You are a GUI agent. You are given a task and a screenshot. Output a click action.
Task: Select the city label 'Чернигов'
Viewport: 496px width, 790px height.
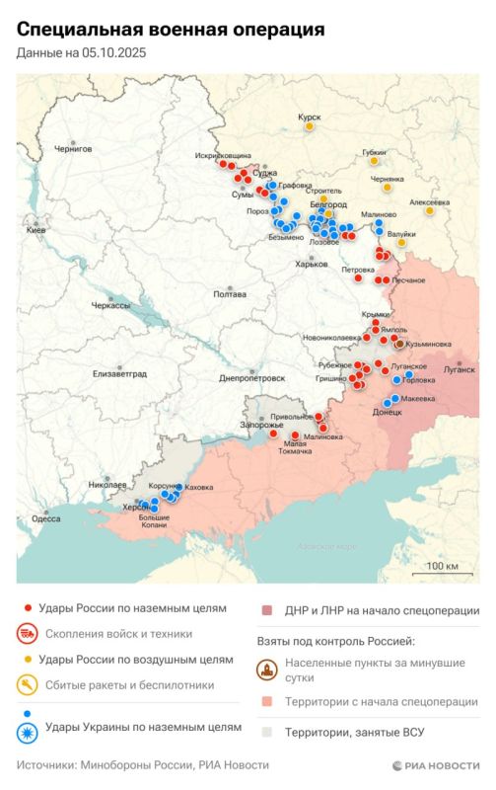pos(72,148)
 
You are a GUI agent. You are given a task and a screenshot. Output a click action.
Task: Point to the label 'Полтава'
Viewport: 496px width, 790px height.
pos(229,294)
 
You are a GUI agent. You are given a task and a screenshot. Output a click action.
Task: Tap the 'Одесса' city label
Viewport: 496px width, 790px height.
pos(45,517)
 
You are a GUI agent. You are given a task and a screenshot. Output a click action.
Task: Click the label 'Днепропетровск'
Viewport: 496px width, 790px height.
pos(251,377)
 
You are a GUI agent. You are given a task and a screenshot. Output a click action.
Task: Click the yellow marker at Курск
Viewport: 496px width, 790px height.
pos(310,126)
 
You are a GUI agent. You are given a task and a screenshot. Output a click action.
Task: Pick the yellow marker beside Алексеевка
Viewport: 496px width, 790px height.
pos(430,210)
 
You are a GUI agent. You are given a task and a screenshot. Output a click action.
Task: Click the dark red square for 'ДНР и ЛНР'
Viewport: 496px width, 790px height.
pos(267,610)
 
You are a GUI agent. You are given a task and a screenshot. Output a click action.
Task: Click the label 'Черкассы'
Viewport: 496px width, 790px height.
pos(110,306)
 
